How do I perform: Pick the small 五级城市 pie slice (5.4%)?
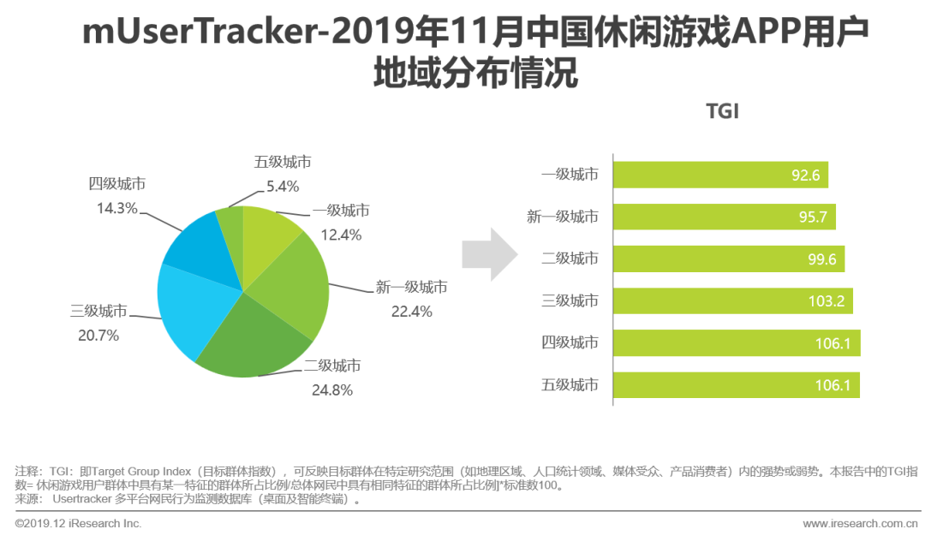point(231,227)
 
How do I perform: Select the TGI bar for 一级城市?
point(720,175)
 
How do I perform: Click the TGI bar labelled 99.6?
point(728,259)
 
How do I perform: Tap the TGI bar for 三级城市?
point(732,300)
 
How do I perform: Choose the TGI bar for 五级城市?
point(736,385)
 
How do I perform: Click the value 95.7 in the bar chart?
point(812,217)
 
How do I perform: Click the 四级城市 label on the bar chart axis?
point(570,343)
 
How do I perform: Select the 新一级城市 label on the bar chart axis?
point(562,217)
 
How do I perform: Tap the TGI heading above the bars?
point(721,112)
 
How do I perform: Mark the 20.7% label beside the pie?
point(98,336)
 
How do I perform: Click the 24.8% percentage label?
point(331,389)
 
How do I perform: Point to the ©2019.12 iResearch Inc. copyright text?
point(78,523)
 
